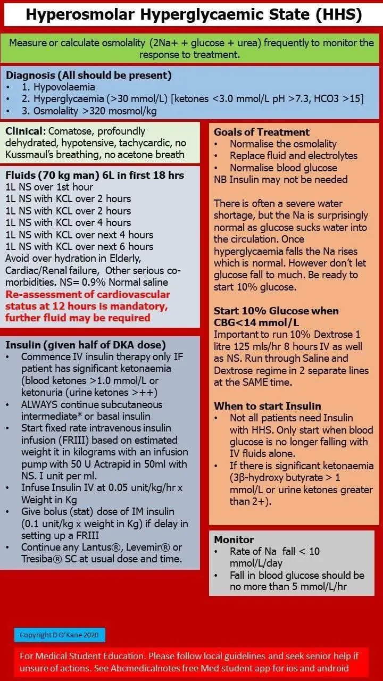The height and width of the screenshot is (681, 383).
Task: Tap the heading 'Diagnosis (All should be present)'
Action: [x=88, y=76]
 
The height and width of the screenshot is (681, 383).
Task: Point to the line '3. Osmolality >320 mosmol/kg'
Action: [x=90, y=111]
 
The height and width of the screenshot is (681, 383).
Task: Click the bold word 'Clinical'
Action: [x=24, y=131]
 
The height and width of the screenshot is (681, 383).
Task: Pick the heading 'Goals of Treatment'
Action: [x=261, y=132]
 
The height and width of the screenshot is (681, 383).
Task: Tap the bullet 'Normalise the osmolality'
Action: [x=283, y=144]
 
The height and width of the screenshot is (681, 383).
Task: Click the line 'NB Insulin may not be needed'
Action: [x=280, y=179]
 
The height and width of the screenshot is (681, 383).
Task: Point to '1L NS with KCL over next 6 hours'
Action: [x=79, y=246]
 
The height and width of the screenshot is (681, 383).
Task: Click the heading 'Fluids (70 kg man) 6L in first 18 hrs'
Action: [x=95, y=175]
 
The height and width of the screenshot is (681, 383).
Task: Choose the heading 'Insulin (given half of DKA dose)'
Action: [x=85, y=344]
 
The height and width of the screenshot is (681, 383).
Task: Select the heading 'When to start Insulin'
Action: [x=267, y=406]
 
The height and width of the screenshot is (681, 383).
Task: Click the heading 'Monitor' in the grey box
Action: [x=234, y=539]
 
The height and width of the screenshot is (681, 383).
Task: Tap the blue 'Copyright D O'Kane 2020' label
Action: [x=60, y=635]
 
